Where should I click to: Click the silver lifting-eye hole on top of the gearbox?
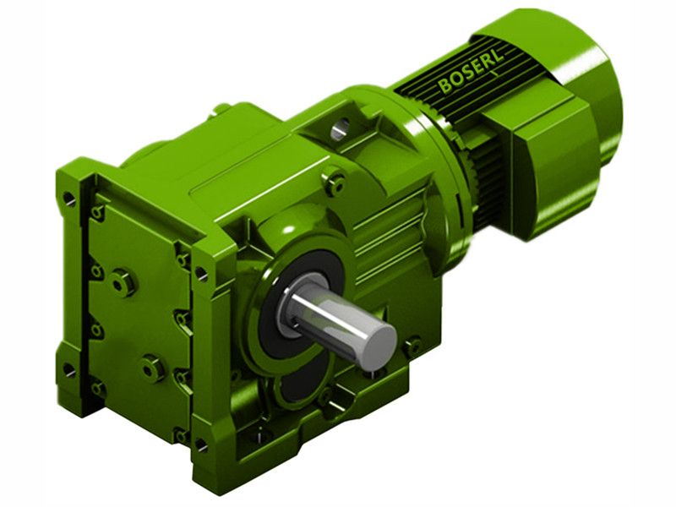tap(340, 129)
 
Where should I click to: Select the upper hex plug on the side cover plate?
tap(124, 281)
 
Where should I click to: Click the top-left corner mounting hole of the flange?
tap(69, 199)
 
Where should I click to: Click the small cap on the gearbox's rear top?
tap(222, 108)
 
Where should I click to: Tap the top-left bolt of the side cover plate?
tap(99, 212)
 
